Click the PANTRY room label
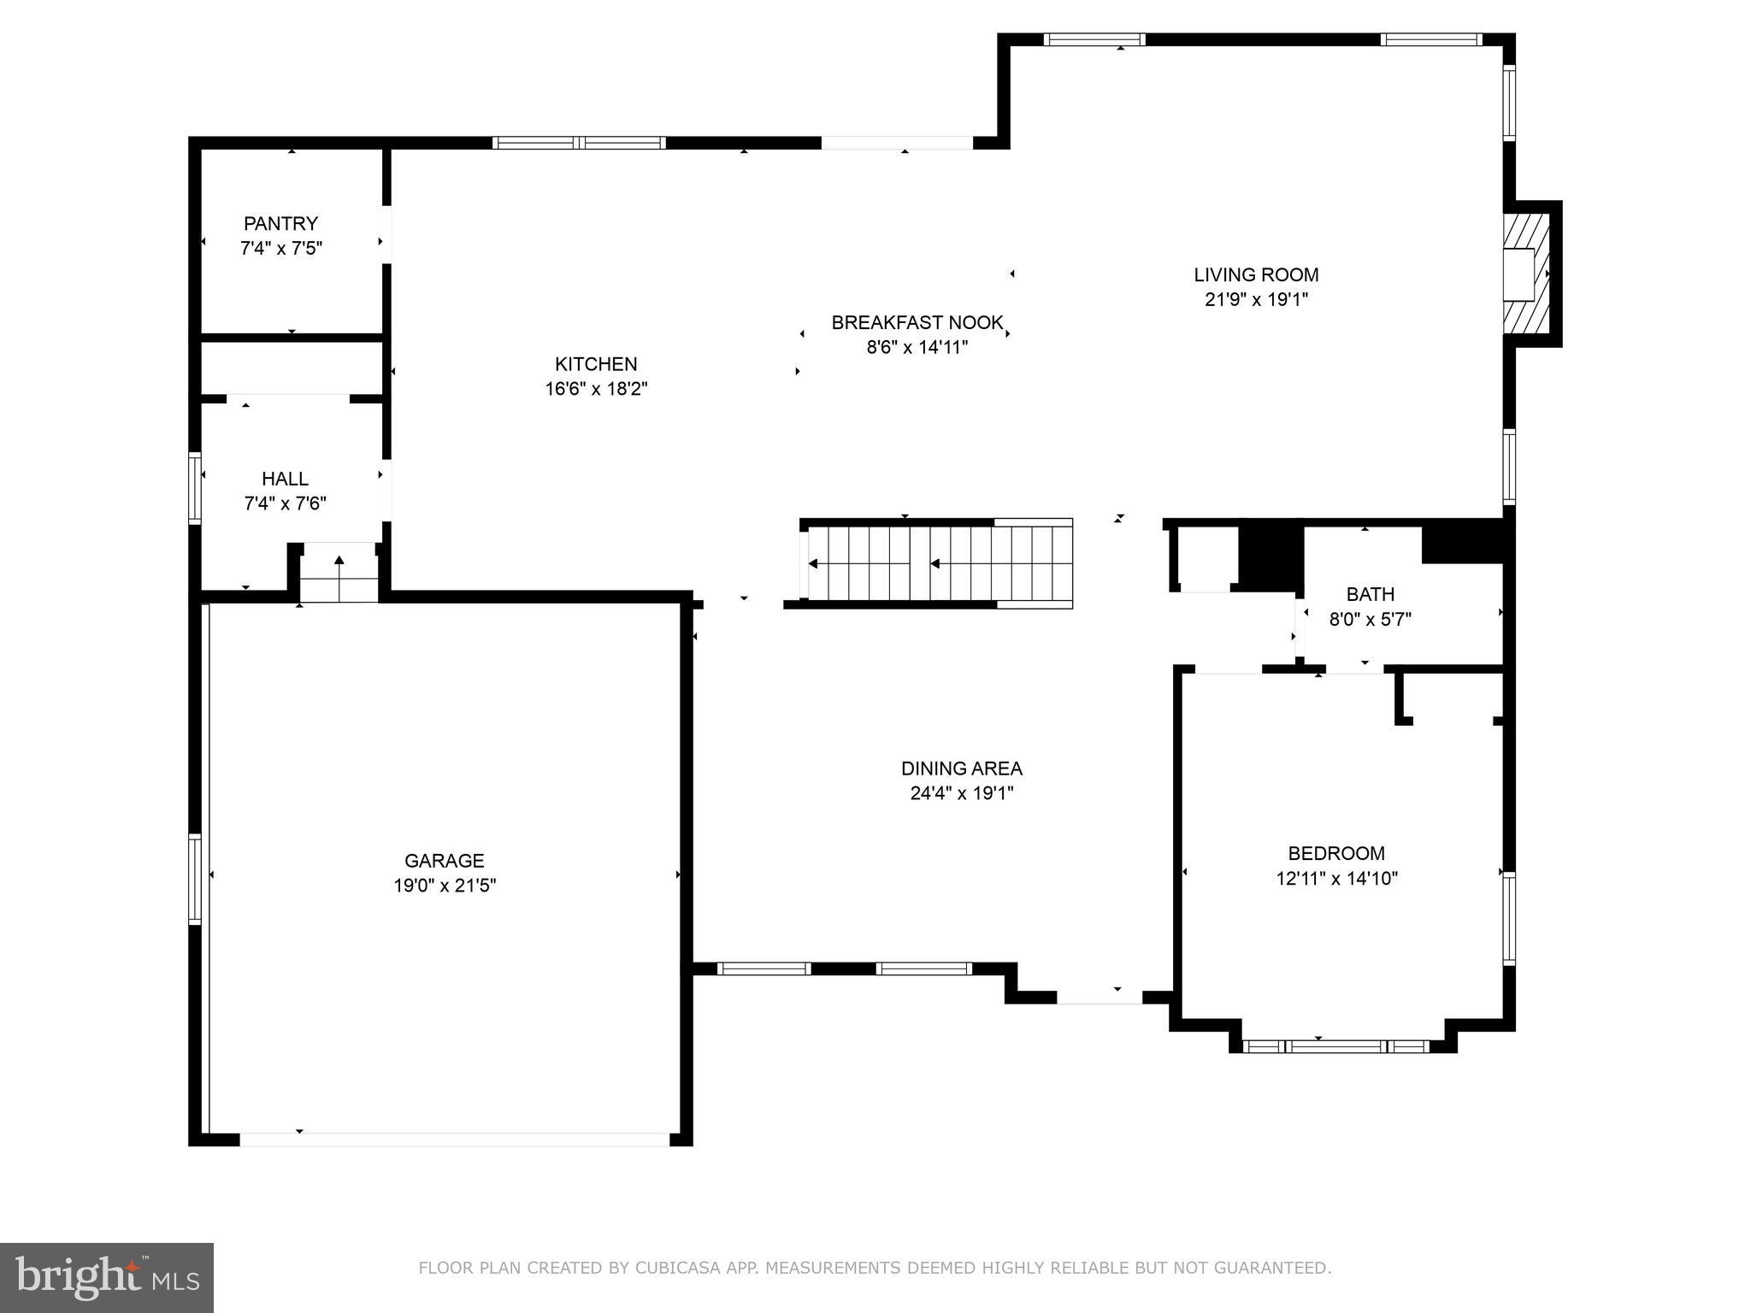coord(280,224)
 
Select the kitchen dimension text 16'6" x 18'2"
coord(596,389)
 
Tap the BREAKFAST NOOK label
coord(917,322)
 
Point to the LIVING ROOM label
coord(1256,274)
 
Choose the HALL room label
coord(285,479)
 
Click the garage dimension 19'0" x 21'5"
coord(445,886)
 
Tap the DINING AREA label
coord(961,768)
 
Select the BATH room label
coord(1370,594)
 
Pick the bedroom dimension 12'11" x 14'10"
coord(1336,878)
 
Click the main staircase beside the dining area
coord(936,563)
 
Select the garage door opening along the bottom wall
coord(454,1139)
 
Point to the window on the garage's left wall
coord(195,879)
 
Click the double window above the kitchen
coord(579,143)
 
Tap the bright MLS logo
coord(107,1278)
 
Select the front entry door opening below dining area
coord(1099,998)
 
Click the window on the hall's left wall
coord(195,487)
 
